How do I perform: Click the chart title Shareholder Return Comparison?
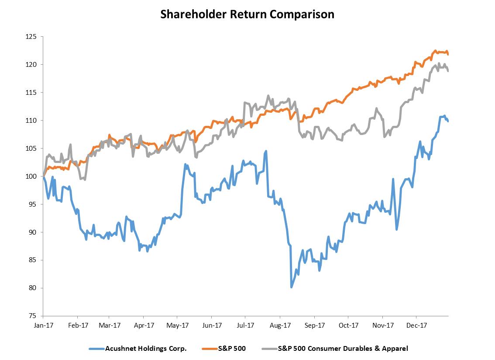(x=247, y=14)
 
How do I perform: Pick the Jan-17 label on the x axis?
(x=43, y=325)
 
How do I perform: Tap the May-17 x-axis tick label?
(x=178, y=325)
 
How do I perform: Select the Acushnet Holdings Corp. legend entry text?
(x=146, y=349)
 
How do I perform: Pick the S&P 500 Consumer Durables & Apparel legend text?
(x=343, y=349)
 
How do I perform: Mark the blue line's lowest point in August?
(x=291, y=287)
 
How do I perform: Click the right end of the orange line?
(x=448, y=54)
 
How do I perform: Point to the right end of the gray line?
(x=448, y=71)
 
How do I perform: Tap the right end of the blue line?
(x=448, y=121)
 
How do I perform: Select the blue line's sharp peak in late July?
(x=266, y=151)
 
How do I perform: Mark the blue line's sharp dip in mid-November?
(x=396, y=229)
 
